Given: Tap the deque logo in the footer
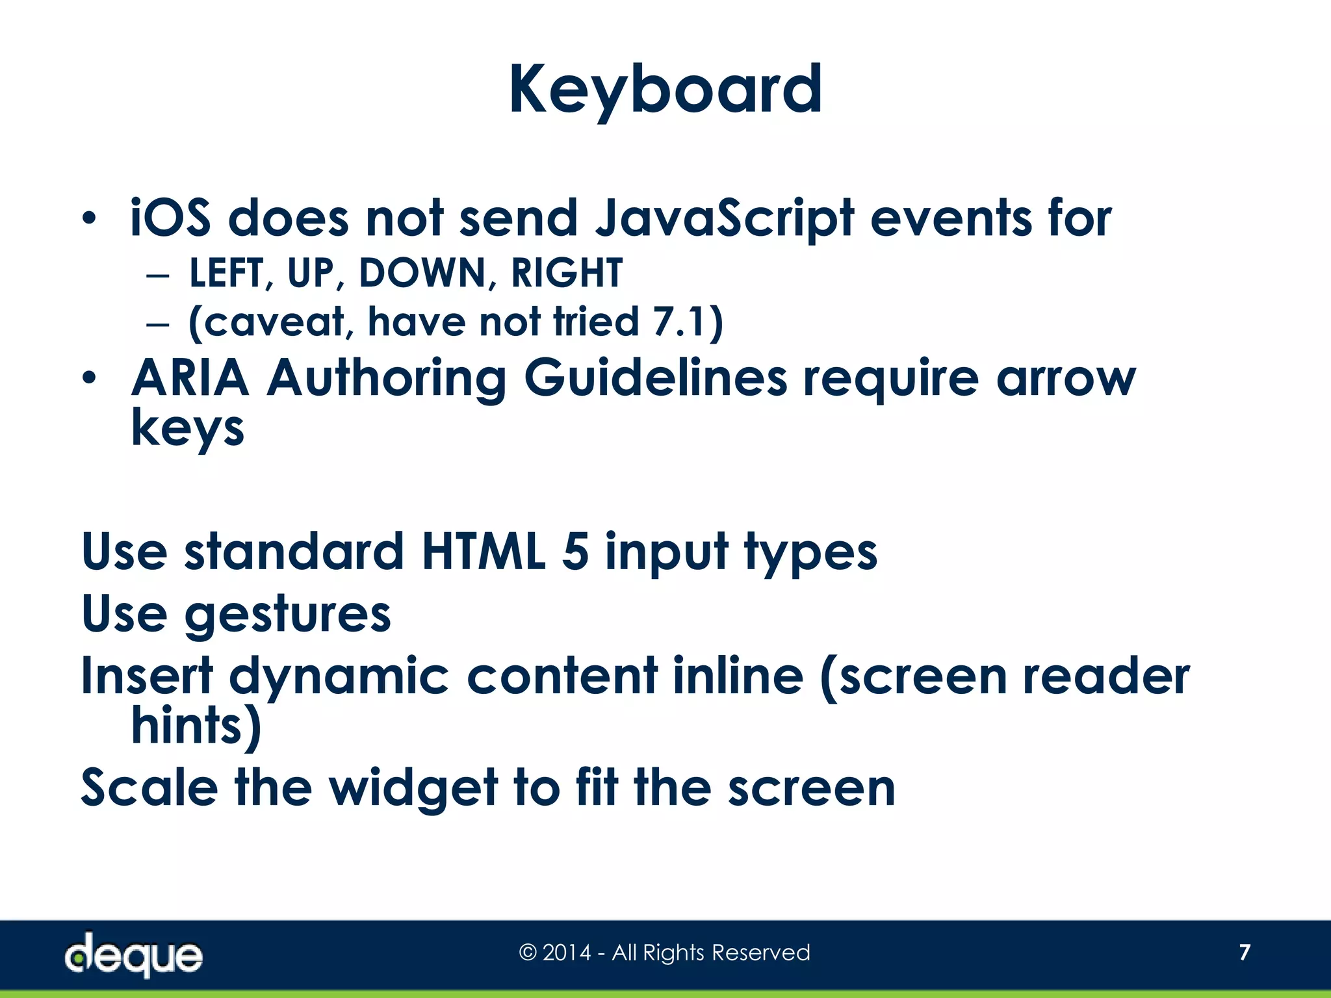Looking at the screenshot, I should click(133, 954).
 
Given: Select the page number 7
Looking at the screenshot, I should click(1244, 953).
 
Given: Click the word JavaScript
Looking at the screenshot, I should click(724, 220).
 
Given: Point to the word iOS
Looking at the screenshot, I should click(170, 218).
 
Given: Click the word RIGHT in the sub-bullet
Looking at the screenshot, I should click(567, 273).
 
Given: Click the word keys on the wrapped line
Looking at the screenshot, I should click(188, 429).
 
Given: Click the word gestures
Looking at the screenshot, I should click(288, 615).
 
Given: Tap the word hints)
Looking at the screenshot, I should click(196, 726).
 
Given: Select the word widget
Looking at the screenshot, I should click(413, 788).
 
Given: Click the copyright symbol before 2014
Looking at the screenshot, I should click(528, 953).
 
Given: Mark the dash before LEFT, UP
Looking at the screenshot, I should click(158, 274).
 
